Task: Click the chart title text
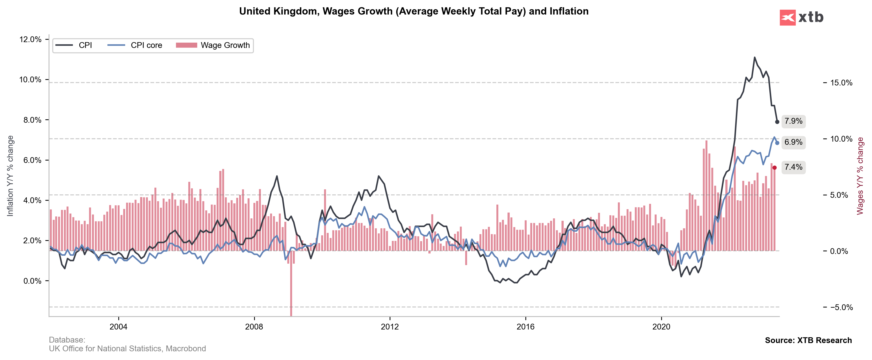pyautogui.click(x=414, y=11)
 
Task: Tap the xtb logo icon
pyautogui.click(x=787, y=17)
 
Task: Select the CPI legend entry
pyautogui.click(x=74, y=45)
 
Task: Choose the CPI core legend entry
pyautogui.click(x=135, y=45)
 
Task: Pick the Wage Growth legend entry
pyautogui.click(x=213, y=45)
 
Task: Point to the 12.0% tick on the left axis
pyautogui.click(x=30, y=39)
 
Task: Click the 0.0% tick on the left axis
pyautogui.click(x=32, y=281)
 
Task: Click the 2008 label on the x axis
pyautogui.click(x=254, y=327)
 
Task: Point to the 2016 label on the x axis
pyautogui.click(x=525, y=327)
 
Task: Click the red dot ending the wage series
pyautogui.click(x=774, y=168)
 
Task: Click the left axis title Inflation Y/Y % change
pyautogui.click(x=10, y=176)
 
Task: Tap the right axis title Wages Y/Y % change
pyautogui.click(x=860, y=176)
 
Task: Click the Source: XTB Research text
pyautogui.click(x=808, y=340)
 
